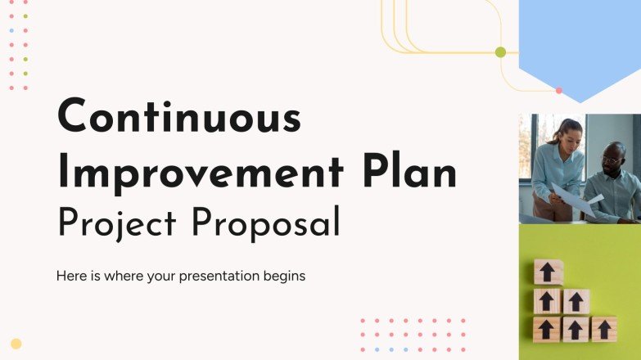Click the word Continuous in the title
tap(178, 117)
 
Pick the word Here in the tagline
tap(70, 277)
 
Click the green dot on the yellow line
tap(501, 52)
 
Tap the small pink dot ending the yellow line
tap(559, 90)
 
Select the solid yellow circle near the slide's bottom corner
tap(16, 344)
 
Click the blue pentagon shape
tap(580, 45)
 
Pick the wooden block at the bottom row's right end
tap(604, 329)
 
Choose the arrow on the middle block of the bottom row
tap(576, 329)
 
